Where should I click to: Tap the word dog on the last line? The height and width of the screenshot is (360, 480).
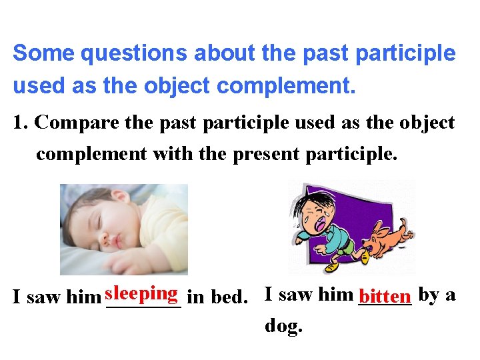[283, 326]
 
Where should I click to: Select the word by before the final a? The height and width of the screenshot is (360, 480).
[428, 294]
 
